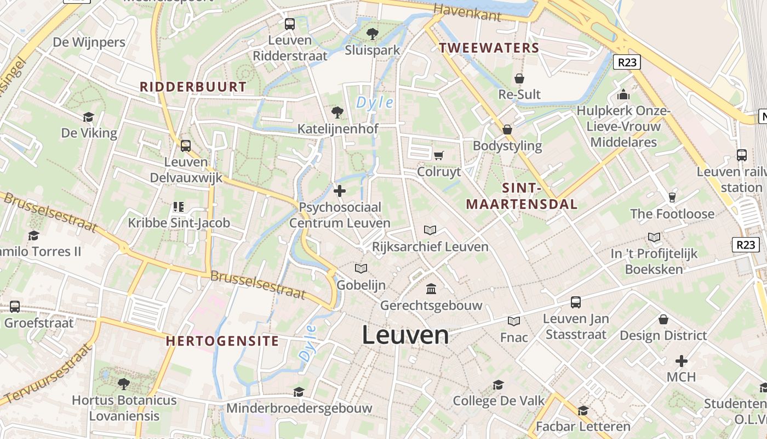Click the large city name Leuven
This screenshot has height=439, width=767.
(405, 335)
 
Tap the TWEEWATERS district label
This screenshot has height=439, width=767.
(489, 48)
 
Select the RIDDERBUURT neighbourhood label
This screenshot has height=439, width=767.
(193, 87)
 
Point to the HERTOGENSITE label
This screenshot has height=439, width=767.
(222, 341)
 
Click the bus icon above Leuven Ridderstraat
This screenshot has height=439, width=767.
(290, 24)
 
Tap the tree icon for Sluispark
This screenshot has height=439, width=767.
(373, 34)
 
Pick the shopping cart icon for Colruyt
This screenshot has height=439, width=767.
(438, 156)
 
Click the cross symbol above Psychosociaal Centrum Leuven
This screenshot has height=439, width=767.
(340, 191)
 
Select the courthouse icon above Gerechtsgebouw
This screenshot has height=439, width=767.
(431, 289)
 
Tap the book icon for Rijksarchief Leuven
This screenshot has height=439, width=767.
(430, 230)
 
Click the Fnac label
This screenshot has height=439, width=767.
(514, 337)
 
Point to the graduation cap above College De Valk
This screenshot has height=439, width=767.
(498, 385)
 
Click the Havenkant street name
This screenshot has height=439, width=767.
(467, 12)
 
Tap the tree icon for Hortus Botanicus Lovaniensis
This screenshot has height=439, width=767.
(124, 384)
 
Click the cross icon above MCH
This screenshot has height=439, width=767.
(681, 361)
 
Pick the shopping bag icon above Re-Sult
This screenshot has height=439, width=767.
(519, 78)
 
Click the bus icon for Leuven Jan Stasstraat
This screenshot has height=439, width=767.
(576, 302)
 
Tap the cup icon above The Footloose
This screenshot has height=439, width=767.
(672, 198)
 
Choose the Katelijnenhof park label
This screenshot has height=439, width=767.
(337, 129)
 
